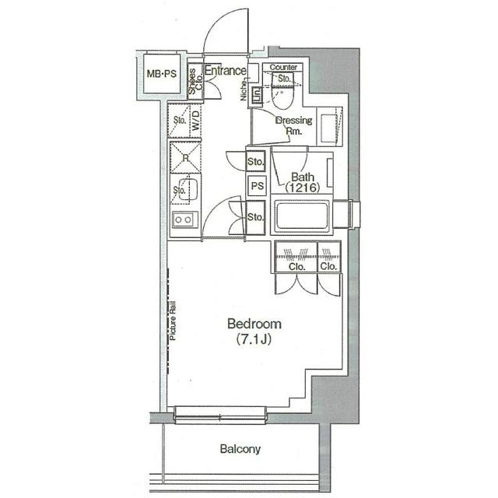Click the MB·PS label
pyautogui.click(x=162, y=75)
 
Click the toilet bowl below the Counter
pyautogui.click(x=282, y=98)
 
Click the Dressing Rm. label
pyautogui.click(x=293, y=125)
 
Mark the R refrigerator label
pyautogui.click(x=184, y=158)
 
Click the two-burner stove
pyautogui.click(x=185, y=220)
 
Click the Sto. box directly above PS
pyautogui.click(x=256, y=162)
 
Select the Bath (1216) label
pyautogui.click(x=296, y=181)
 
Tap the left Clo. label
pyautogui.click(x=296, y=266)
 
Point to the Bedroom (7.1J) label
pyautogui.click(x=254, y=331)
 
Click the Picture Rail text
pyautogui.click(x=175, y=321)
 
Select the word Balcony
pyautogui.click(x=240, y=450)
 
